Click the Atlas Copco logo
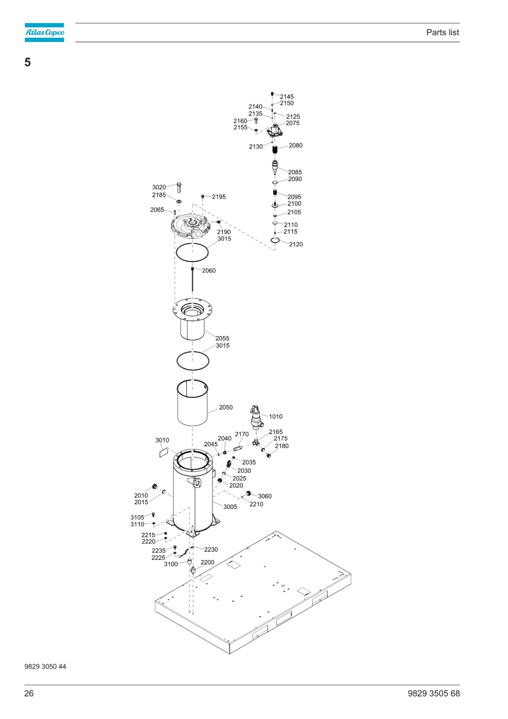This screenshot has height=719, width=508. coord(44,32)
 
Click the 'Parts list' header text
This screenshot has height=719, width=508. coord(442,32)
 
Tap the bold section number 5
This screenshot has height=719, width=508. coord(27,62)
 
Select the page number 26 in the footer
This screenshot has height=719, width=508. coord(29,693)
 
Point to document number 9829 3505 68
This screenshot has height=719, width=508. coord(433,693)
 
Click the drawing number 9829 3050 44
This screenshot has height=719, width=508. coord(45,666)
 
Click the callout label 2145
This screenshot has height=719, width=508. coord(287,97)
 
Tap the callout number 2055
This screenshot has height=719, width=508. coord(222,338)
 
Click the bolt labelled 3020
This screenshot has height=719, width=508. coord(179,187)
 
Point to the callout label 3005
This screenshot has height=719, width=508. coord(230,507)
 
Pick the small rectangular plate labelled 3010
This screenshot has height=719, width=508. coord(163,452)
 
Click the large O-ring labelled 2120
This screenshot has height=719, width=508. coord(275,240)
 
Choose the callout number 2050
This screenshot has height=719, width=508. coord(225,407)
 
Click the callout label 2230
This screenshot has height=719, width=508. coord(211,550)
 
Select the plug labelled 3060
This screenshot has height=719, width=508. coord(248,493)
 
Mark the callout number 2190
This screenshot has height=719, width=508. coord(224,232)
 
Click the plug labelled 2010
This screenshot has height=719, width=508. coord(155,486)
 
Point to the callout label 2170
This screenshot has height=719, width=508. coord(242,434)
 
